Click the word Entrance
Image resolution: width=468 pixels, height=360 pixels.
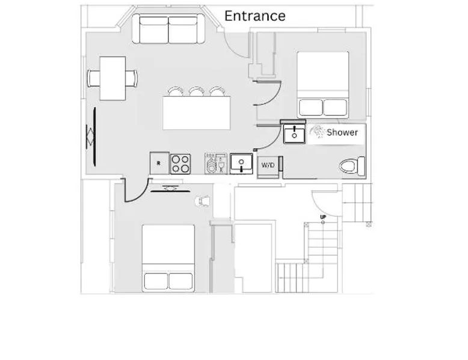(x=254, y=16)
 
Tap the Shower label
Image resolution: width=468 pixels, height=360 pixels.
(x=342, y=132)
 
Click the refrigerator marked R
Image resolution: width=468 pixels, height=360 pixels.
(x=159, y=163)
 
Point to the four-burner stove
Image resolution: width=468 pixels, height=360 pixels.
(x=180, y=164)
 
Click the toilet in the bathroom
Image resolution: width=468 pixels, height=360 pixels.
(x=353, y=166)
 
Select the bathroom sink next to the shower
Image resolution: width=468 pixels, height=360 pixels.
(x=294, y=134)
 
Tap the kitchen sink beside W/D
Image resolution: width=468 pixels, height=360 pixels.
(x=241, y=163)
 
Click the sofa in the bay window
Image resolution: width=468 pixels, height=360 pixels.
(x=168, y=29)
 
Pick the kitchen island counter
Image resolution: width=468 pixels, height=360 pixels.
(x=197, y=113)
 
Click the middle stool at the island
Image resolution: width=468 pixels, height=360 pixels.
(x=196, y=91)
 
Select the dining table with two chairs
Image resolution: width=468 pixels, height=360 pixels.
(x=112, y=79)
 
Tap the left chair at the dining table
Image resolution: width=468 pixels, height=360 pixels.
(x=93, y=78)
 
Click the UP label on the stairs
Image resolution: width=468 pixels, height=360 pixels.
(x=323, y=217)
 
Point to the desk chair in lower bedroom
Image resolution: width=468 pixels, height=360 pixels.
(x=203, y=201)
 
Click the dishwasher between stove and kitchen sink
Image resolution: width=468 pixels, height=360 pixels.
(x=216, y=163)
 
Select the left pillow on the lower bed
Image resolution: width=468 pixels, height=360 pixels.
(x=156, y=281)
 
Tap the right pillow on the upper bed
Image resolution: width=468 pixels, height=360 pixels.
(x=335, y=108)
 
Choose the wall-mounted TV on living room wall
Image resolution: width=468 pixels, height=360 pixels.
(x=94, y=136)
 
